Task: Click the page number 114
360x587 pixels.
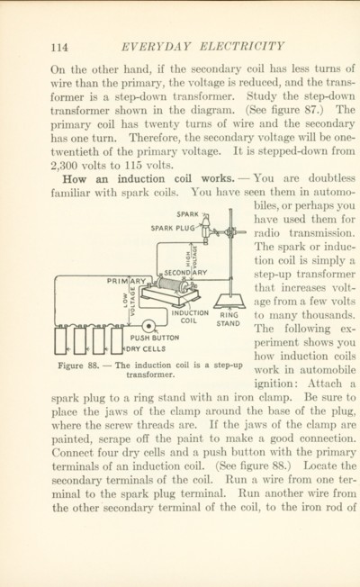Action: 59,48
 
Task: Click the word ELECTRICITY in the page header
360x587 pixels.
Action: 241,47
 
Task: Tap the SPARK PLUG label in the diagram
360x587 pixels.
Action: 173,228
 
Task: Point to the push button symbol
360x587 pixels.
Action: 148,326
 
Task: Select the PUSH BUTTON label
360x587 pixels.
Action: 155,338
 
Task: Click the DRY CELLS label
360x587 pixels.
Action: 147,349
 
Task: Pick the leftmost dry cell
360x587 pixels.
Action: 60,340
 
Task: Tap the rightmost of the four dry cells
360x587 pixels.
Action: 117,340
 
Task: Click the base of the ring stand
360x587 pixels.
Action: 230,301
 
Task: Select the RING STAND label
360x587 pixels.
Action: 228,319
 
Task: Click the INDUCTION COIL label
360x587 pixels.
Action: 190,317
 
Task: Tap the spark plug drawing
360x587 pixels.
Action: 205,229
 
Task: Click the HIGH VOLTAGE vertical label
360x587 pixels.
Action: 191,258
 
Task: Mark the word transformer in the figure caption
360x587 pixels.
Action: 150,375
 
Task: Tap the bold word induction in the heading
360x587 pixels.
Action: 140,178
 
